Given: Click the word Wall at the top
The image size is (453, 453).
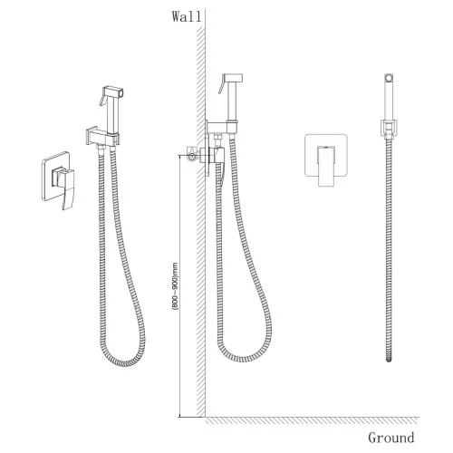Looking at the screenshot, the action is (x=187, y=16).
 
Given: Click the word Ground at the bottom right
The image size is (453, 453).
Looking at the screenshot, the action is (x=390, y=438).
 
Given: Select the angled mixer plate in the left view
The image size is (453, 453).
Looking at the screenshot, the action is (x=58, y=180).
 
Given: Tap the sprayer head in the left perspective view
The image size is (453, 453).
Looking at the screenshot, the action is (x=113, y=111).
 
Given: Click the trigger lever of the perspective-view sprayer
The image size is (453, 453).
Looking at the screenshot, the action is (x=104, y=99).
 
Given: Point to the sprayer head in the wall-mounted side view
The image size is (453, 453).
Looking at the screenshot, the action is (x=231, y=99).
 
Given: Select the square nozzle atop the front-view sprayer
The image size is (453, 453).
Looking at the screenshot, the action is (x=389, y=77).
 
